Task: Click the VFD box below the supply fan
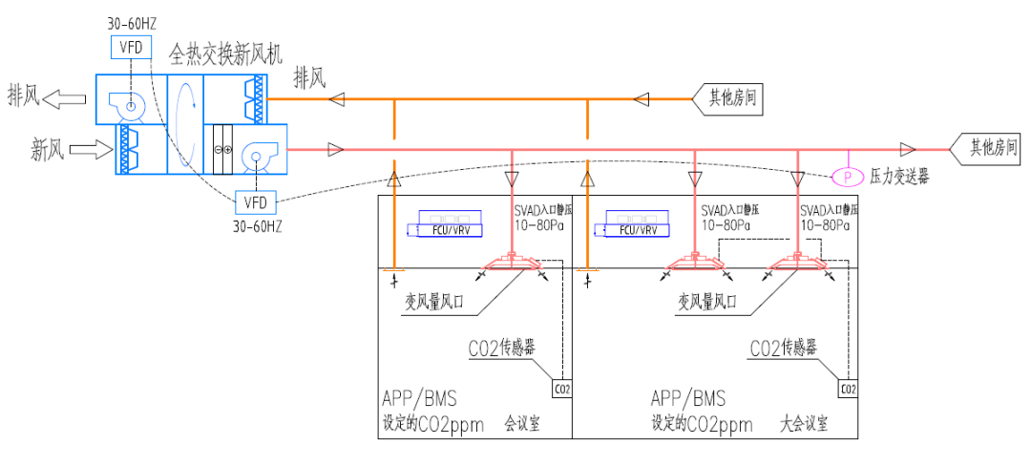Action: point(255,202)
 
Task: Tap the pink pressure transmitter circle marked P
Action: point(846,177)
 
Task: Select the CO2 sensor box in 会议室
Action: point(562,389)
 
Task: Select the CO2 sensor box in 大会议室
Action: point(848,389)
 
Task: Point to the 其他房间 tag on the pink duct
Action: point(989,148)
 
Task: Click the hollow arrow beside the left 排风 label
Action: point(64,96)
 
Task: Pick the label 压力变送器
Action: point(899,178)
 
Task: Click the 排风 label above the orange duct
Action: point(311,77)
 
